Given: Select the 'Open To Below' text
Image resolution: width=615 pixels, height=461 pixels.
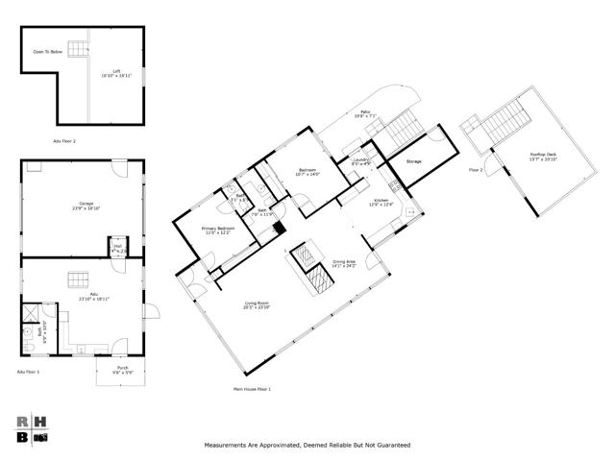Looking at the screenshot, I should pos(47,51).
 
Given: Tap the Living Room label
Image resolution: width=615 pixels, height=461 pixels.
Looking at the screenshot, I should pos(258,304).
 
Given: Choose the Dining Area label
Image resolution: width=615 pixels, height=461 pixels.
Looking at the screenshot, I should pos(344,262).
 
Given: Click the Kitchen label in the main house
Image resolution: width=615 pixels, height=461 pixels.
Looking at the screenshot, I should pos(381,201).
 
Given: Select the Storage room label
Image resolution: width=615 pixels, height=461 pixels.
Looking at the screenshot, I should pos(413,161).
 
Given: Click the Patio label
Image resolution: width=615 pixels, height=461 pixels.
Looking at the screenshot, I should pos(365,112).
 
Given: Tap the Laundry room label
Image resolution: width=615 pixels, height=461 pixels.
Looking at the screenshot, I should pos(360,160).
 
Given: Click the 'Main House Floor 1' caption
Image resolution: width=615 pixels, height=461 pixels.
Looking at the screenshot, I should pos(252,389).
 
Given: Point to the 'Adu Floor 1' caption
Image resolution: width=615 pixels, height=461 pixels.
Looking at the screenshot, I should pos(29,372).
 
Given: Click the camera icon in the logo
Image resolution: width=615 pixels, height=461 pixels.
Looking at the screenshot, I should pos(40,437).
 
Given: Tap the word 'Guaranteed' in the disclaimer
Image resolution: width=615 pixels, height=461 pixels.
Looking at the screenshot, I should pos(390,446).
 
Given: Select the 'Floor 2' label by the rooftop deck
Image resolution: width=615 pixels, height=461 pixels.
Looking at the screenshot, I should pos(475,169).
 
